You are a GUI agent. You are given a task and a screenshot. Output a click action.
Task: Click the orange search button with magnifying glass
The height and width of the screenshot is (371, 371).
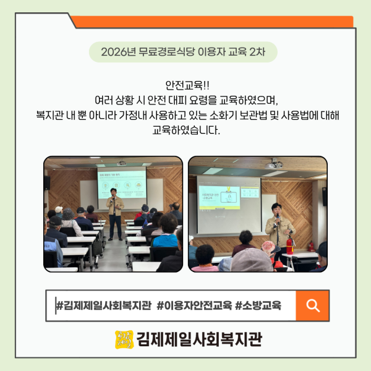pyautogui.click(x=312, y=305)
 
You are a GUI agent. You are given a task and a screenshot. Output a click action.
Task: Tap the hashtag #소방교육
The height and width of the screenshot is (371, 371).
pyautogui.click(x=258, y=305)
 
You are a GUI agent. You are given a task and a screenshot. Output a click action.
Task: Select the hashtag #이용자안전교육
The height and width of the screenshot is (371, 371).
pyautogui.click(x=194, y=305)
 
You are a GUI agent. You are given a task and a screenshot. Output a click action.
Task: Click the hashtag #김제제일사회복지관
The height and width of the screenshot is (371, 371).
pyautogui.click(x=103, y=305)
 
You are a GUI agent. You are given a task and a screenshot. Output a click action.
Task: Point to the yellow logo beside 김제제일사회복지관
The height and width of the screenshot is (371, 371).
pyautogui.click(x=124, y=339)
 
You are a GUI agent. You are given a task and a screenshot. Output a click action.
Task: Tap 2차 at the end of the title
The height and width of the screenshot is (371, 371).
pyautogui.click(x=257, y=52)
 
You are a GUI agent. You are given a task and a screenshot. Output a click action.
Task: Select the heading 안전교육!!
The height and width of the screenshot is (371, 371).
pyautogui.click(x=187, y=85)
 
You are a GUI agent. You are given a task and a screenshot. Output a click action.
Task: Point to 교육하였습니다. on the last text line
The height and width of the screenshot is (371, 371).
pyautogui.click(x=186, y=130)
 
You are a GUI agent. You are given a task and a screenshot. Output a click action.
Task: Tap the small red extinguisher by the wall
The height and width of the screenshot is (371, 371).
pyautogui.click(x=311, y=247)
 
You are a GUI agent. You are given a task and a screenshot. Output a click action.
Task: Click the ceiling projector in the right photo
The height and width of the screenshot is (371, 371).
pyautogui.click(x=273, y=164)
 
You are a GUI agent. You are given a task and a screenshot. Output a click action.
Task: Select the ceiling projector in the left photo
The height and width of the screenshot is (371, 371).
pyautogui.click(x=122, y=163)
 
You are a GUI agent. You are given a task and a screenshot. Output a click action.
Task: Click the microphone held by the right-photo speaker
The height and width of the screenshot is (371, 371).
pyautogui.click(x=278, y=219)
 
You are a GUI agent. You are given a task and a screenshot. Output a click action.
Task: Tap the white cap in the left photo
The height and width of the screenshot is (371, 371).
pyautogui.click(x=59, y=209)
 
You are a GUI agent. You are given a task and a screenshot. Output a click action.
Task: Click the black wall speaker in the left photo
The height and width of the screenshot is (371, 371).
pyautogui.click(x=47, y=182)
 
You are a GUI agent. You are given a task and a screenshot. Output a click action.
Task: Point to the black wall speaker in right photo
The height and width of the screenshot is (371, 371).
pyautogui.click(x=325, y=197)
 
